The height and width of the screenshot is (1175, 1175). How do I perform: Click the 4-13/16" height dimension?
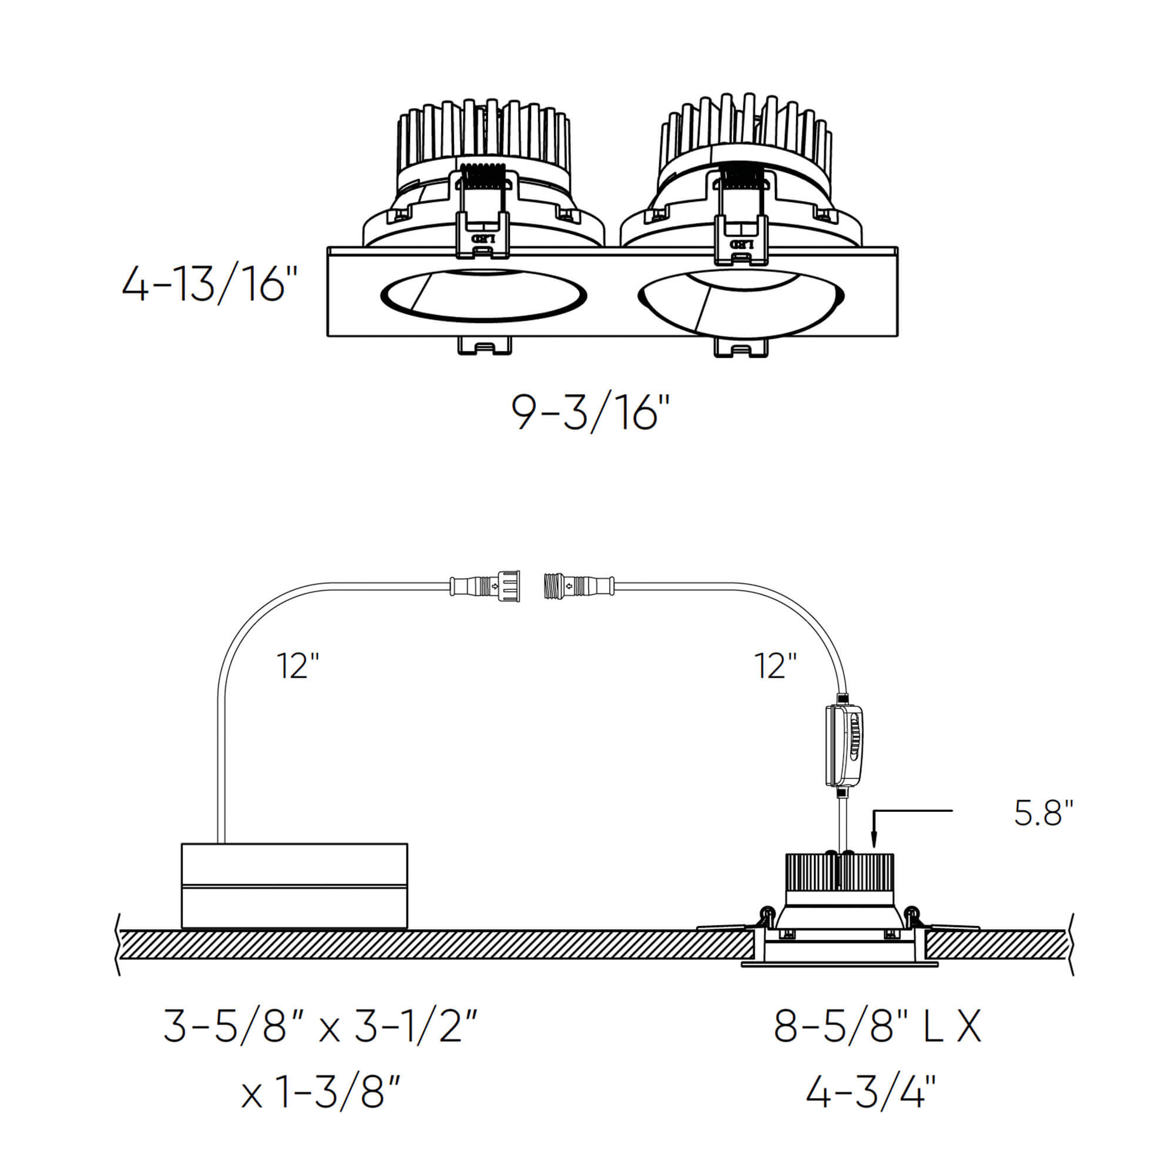click(209, 284)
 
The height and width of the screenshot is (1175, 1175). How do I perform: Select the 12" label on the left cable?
click(297, 666)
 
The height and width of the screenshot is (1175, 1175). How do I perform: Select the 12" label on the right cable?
click(775, 666)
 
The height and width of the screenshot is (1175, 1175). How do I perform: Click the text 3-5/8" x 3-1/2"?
click(321, 1026)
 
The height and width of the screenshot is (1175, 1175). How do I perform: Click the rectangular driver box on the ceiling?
click(294, 885)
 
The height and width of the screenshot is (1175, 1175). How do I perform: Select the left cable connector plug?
click(485, 587)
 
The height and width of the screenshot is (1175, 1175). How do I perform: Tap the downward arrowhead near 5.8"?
click(874, 842)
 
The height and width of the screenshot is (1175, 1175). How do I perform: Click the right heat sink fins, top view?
click(745, 131)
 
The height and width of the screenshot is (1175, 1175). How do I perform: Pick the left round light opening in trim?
click(484, 295)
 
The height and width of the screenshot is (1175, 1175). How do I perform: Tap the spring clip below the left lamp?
click(484, 346)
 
